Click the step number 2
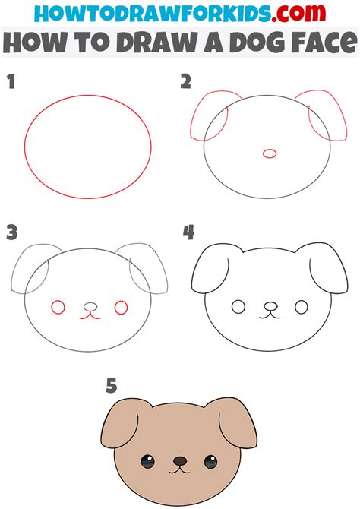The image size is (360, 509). (x=186, y=82)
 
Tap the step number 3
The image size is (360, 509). (x=11, y=232)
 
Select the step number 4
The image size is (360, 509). (x=188, y=232)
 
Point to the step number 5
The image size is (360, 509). (x=112, y=387)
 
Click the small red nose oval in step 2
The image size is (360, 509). (x=269, y=153)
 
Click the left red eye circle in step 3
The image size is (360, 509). (x=57, y=307)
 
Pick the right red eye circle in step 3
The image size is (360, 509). (x=121, y=307)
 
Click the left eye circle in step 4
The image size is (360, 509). (x=238, y=307)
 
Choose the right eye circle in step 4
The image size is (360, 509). (x=302, y=307)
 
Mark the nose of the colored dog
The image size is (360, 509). (x=178, y=460)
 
